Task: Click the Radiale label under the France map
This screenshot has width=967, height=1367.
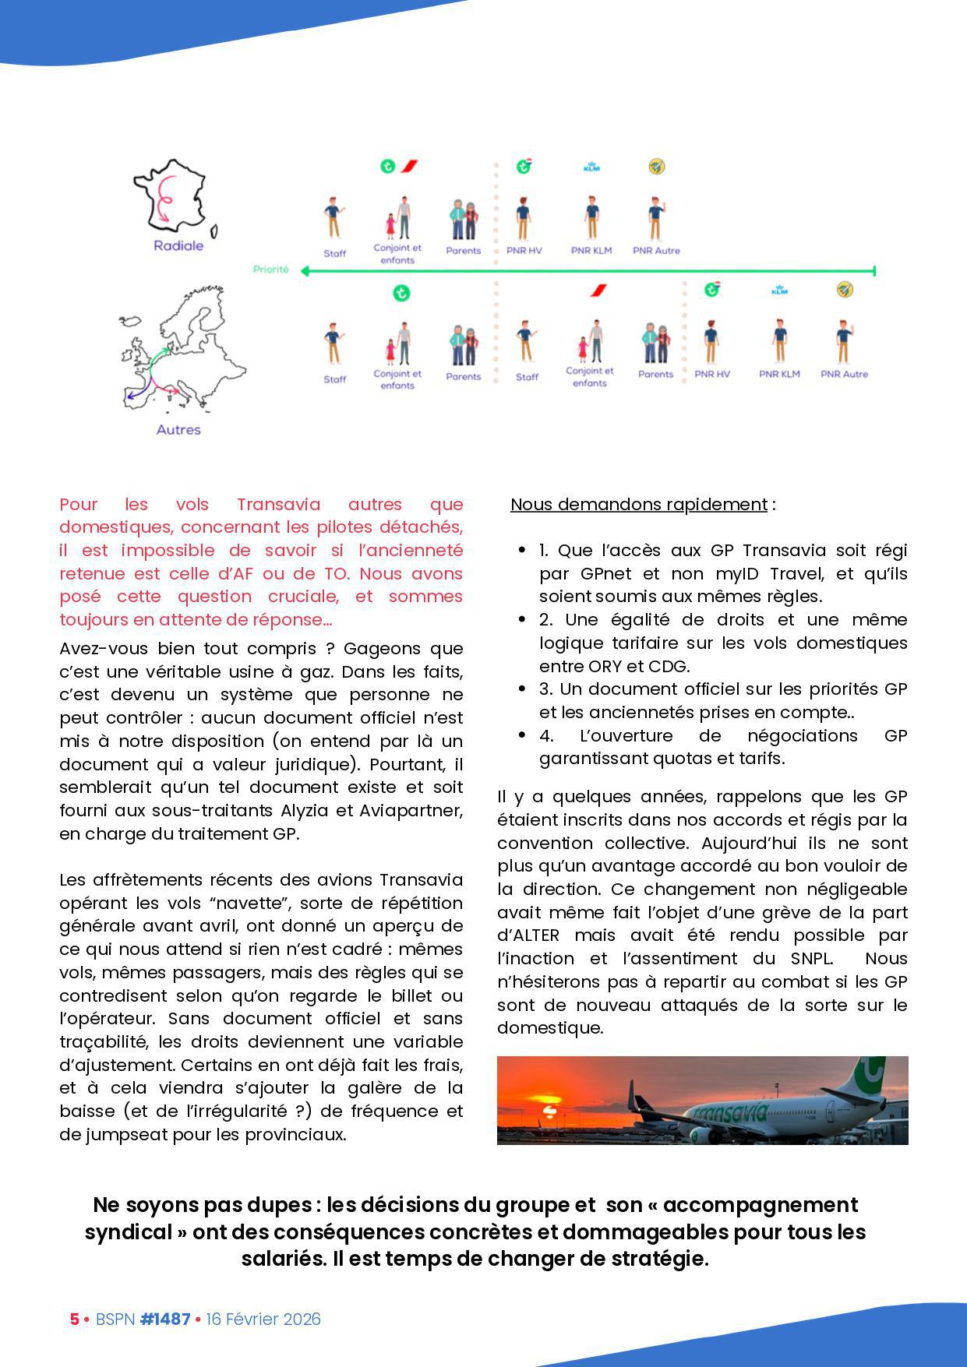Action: pyautogui.click(x=178, y=245)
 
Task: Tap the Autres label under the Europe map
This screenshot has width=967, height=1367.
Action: pyautogui.click(x=178, y=430)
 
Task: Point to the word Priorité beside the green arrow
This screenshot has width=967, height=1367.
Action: pyautogui.click(x=270, y=270)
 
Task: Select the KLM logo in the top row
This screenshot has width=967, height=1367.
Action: pyautogui.click(x=592, y=167)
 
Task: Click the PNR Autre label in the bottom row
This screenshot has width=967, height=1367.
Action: pyautogui.click(x=844, y=374)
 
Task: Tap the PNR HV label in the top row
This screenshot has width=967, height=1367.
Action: pyautogui.click(x=524, y=251)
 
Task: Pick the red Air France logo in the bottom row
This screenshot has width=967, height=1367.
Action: pyautogui.click(x=598, y=291)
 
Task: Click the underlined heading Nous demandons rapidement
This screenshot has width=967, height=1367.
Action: pyautogui.click(x=639, y=505)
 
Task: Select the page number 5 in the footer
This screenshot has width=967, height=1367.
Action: pyautogui.click(x=75, y=1319)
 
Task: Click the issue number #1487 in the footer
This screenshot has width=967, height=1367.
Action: pyautogui.click(x=165, y=1319)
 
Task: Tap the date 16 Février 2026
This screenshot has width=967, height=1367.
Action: pyautogui.click(x=263, y=1319)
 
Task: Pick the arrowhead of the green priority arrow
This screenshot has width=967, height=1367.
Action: pyautogui.click(x=305, y=271)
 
